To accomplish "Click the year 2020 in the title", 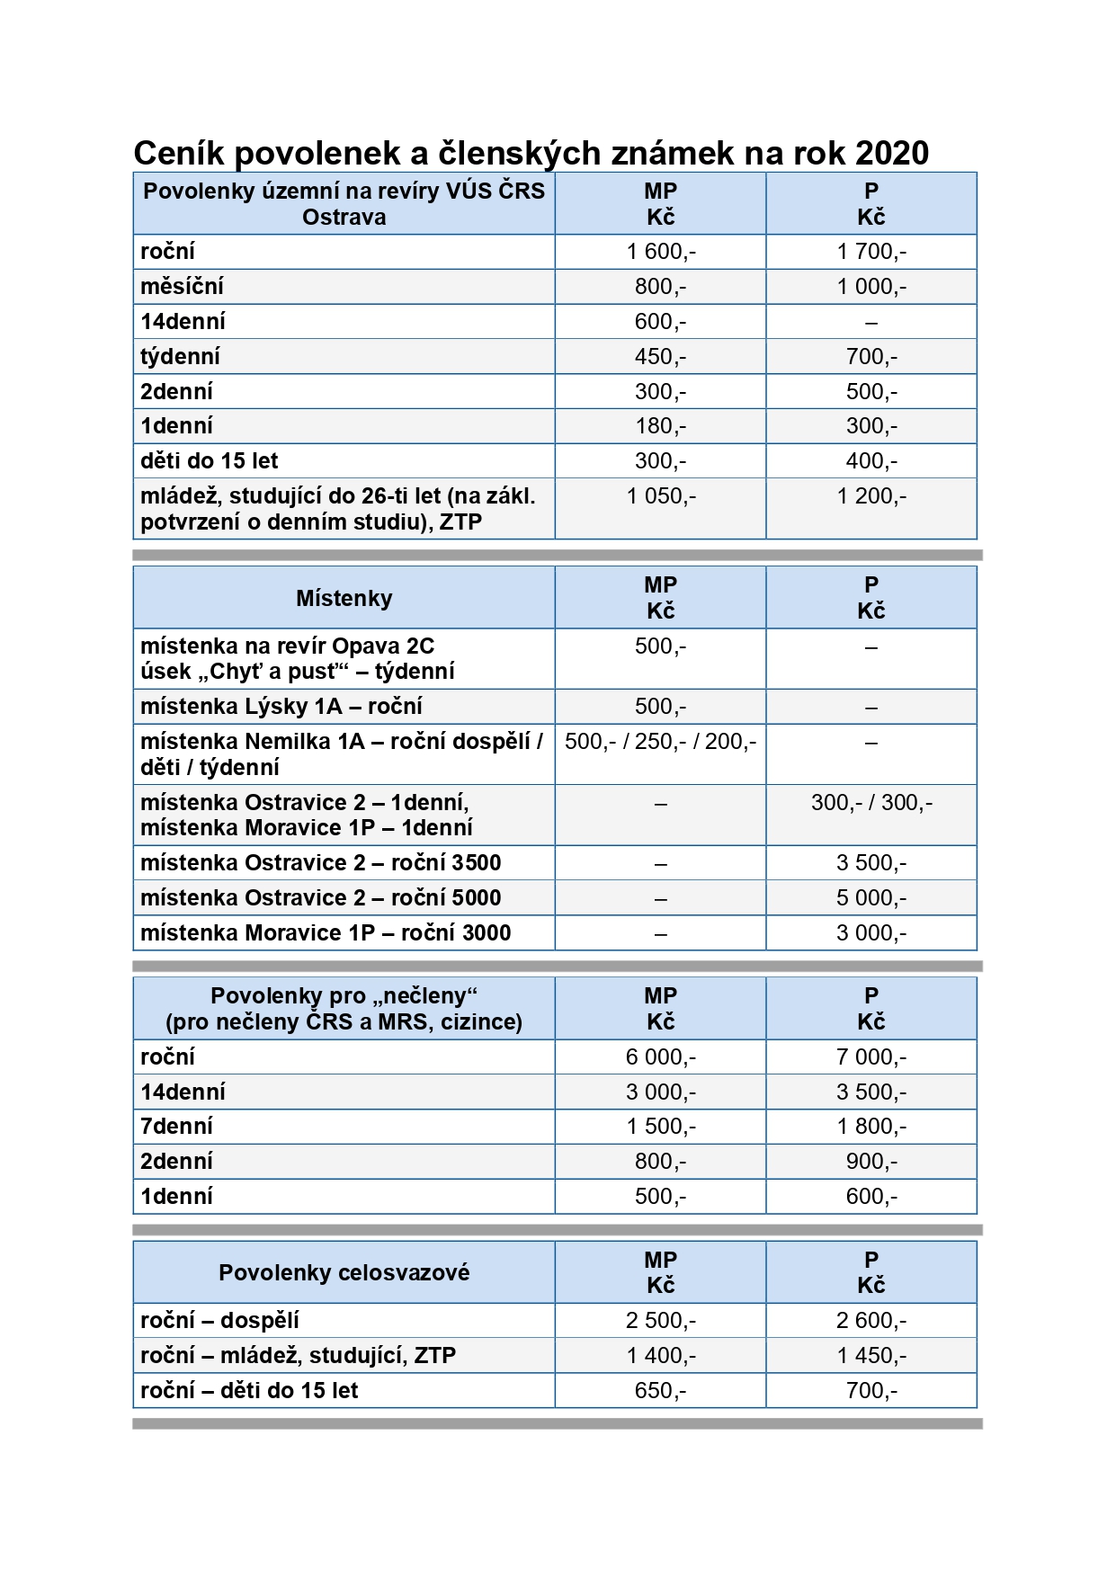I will click(891, 154).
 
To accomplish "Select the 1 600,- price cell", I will click(661, 252).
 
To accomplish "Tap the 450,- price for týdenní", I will click(661, 357).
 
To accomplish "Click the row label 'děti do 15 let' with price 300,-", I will click(210, 461).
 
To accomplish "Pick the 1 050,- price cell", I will click(661, 496).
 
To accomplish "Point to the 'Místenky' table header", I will click(344, 598).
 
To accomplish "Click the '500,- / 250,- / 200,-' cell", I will click(661, 742).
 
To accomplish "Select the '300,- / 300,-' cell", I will click(871, 803).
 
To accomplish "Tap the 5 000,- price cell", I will click(871, 898).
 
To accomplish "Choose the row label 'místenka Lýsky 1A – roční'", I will click(281, 707).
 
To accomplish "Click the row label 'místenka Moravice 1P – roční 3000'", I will click(326, 933).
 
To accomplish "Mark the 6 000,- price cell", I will click(661, 1057).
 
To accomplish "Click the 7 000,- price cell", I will click(871, 1057).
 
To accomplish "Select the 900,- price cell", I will click(871, 1162).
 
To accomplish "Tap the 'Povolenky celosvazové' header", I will click(344, 1272).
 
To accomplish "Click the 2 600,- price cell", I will click(871, 1321).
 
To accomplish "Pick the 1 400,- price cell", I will click(661, 1356).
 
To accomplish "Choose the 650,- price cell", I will click(661, 1391).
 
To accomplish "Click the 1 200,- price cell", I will click(871, 496).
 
